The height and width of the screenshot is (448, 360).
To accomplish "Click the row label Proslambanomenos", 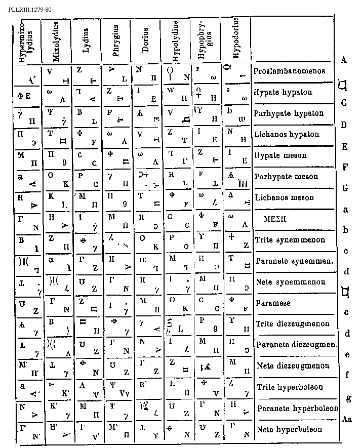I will click(x=290, y=71).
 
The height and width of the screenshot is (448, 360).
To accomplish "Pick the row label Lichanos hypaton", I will click(x=287, y=135).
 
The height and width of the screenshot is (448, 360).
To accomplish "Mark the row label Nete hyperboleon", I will click(x=290, y=429).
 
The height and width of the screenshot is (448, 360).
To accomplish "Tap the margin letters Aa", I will click(x=347, y=419).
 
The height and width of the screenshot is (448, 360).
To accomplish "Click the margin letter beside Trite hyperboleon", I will click(x=347, y=375).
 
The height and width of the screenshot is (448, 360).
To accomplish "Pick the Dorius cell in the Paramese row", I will click(x=145, y=305).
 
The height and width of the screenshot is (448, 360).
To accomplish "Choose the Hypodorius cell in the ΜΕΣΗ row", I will click(x=235, y=220).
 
